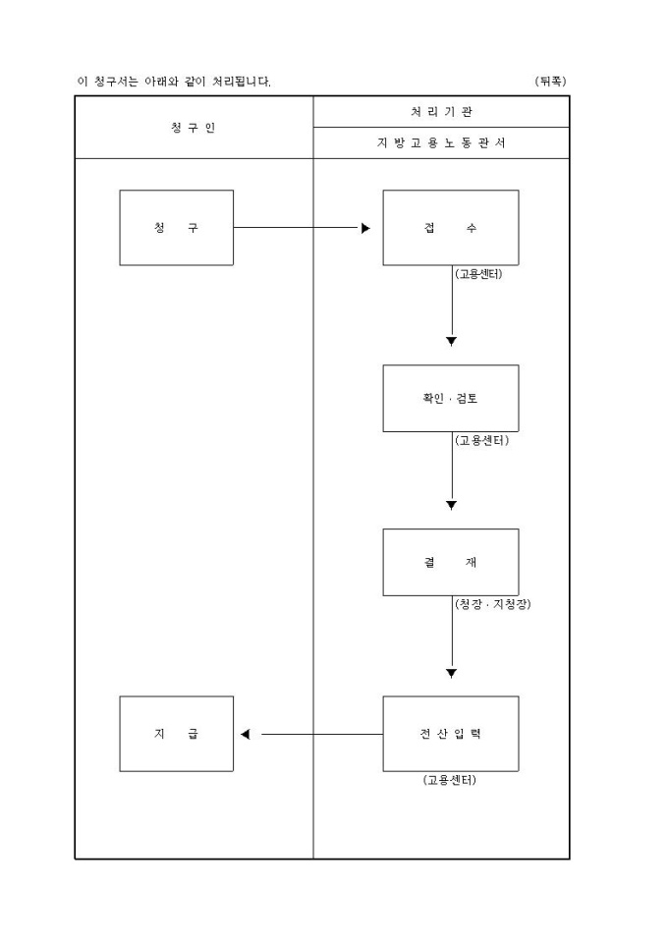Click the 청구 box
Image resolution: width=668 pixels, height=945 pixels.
click(x=177, y=228)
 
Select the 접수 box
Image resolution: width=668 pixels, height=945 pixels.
click(x=450, y=228)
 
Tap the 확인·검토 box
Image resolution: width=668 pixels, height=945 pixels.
click(x=450, y=399)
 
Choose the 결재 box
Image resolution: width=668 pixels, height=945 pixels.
click(x=450, y=562)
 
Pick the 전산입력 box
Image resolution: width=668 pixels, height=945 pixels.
click(x=450, y=734)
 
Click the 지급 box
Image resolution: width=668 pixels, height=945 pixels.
click(x=177, y=734)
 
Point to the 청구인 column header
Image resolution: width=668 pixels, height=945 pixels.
click(x=194, y=128)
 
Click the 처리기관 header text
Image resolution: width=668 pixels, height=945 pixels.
click(x=441, y=112)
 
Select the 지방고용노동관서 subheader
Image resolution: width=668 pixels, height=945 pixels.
click(x=441, y=143)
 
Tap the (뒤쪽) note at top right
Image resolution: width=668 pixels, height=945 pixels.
click(x=551, y=81)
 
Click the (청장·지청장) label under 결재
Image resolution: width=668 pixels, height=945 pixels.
click(x=492, y=605)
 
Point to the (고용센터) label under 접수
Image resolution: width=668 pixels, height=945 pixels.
click(x=479, y=274)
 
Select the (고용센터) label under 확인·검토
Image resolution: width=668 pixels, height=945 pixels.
click(x=481, y=441)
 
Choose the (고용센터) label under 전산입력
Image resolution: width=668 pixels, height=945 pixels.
click(x=450, y=781)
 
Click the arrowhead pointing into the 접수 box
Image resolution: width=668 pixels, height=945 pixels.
click(x=365, y=228)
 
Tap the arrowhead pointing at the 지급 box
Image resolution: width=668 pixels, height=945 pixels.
click(x=246, y=734)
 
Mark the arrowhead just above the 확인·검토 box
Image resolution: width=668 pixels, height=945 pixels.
click(x=452, y=342)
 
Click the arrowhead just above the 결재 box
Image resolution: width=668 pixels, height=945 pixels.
click(x=452, y=506)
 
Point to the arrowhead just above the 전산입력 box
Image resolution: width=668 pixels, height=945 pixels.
click(x=452, y=674)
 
